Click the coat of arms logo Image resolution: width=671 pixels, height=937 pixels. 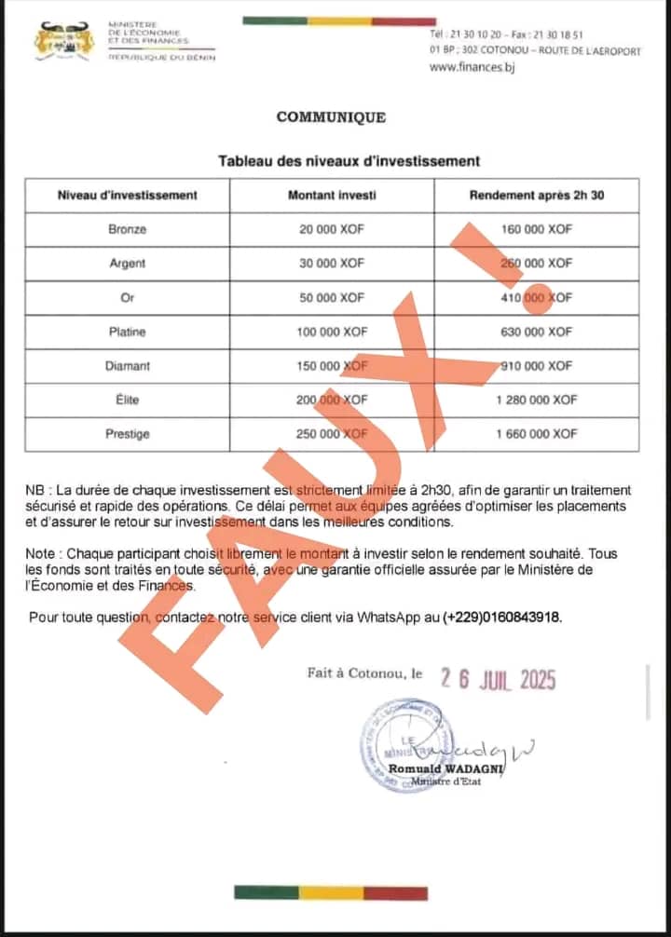tap(64, 41)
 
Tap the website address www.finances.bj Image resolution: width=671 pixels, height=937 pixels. tap(472, 68)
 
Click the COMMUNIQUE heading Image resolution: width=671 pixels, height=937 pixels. tap(331, 117)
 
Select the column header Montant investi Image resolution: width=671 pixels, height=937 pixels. tap(332, 196)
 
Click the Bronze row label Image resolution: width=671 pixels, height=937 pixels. tap(128, 229)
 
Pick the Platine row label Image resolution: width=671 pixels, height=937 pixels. tap(128, 332)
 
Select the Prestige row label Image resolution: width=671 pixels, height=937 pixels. tap(128, 434)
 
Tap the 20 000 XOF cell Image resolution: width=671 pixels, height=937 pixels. tap(332, 229)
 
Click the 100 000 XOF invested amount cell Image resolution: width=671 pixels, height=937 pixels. tap(332, 332)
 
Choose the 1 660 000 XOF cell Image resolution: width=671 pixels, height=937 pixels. tap(537, 434)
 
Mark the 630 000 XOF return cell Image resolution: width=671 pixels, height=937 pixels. tap(536, 332)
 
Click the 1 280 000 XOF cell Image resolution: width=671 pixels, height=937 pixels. tap(537, 400)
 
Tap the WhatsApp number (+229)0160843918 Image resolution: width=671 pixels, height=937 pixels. tap(502, 618)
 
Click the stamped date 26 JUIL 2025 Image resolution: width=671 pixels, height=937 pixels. tap(498, 680)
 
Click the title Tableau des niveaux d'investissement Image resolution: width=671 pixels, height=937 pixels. tap(349, 161)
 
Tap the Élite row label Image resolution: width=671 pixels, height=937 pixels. tap(128, 400)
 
